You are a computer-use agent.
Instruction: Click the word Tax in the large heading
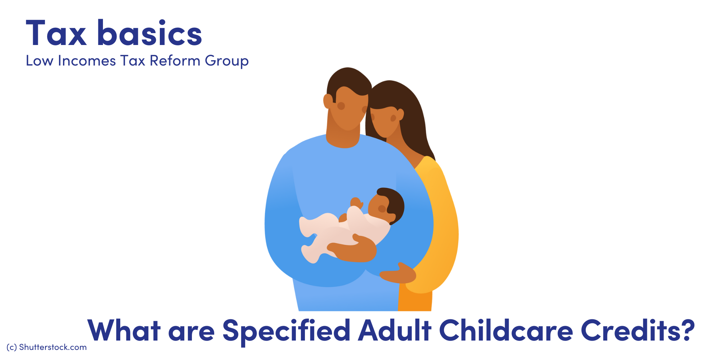56,33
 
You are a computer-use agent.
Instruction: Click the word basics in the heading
150,33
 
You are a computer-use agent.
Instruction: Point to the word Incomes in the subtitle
87,61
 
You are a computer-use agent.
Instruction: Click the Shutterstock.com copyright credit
46,347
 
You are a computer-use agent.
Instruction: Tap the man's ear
328,101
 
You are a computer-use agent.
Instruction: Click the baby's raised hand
356,203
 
